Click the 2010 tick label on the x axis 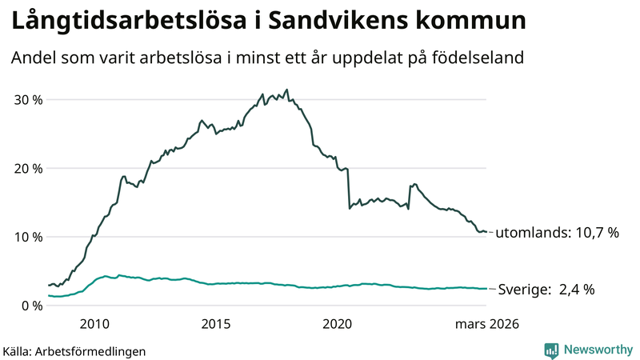pos(94,324)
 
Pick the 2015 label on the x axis pos(216,324)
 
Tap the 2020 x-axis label pos(337,324)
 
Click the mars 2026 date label pos(487,324)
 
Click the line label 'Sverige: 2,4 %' pos(546,290)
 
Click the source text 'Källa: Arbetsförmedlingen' pos(74,350)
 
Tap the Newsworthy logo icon pos(551,350)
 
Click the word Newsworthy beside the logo pos(597,350)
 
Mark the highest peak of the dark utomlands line pos(286,90)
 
